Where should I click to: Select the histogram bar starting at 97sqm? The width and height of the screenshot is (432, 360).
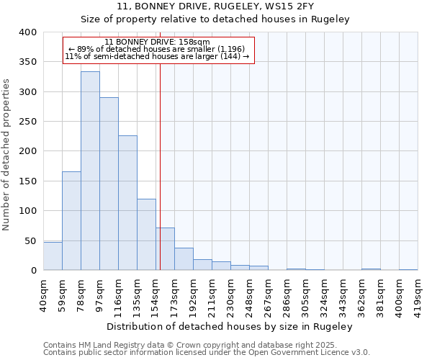tap(109, 184)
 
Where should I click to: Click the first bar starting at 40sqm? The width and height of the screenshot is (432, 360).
tap(53, 256)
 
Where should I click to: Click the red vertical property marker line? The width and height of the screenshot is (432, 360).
tap(160, 166)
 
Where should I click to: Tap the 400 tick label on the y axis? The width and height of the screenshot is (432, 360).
tap(27, 32)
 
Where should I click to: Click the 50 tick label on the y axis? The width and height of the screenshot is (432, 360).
tap(30, 240)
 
